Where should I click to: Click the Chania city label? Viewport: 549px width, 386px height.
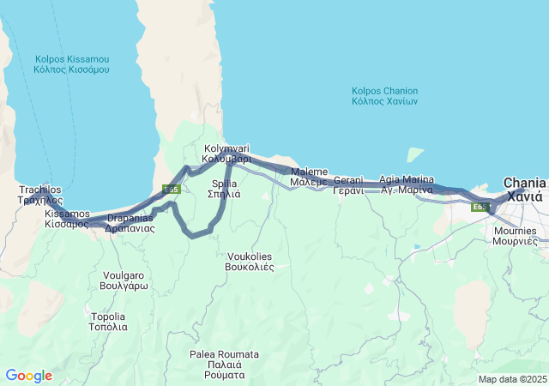(523, 190)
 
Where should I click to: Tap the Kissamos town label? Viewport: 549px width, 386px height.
(67, 218)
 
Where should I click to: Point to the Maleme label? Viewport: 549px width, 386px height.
(309, 177)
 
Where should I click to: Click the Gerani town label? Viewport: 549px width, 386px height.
(348, 184)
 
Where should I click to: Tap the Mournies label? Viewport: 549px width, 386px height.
(515, 236)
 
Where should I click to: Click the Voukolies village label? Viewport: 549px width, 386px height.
(250, 261)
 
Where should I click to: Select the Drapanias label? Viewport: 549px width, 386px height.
(129, 223)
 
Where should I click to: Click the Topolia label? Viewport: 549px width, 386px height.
(109, 322)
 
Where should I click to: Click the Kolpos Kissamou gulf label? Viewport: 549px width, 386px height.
(72, 64)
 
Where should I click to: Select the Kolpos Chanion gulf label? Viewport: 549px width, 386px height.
(384, 95)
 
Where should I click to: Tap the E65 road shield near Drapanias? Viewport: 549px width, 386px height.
(171, 189)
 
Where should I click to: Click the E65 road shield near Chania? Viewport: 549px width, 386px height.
(480, 207)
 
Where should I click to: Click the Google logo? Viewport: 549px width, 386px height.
(28, 376)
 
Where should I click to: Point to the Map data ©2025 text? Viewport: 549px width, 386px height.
(511, 379)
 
